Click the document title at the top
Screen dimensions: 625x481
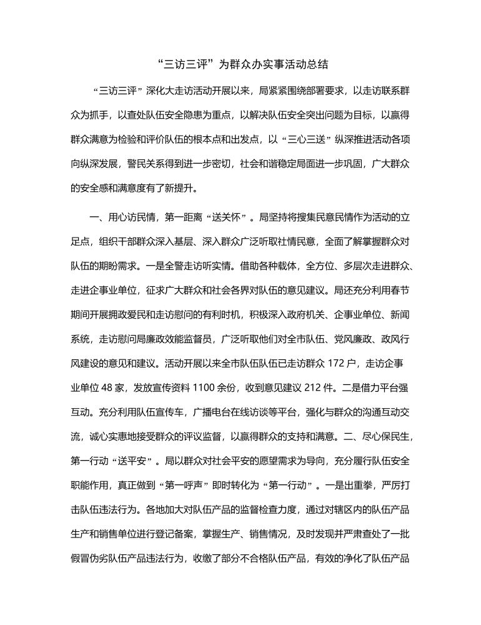(x=241, y=64)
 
